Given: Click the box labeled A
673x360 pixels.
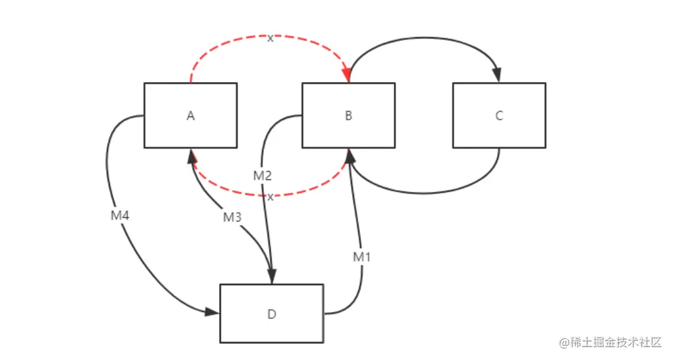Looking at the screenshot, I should coord(190,115).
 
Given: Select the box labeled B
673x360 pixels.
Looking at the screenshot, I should coord(348,115).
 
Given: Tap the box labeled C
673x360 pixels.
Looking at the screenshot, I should coord(499,115).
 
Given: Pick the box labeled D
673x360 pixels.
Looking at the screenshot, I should coord(272,313).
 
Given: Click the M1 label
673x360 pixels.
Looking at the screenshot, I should coord(362,257).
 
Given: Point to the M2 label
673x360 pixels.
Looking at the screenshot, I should coord(263,176).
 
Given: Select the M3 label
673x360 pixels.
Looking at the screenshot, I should coord(232,218).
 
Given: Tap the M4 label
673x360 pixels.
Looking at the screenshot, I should coord(120,216).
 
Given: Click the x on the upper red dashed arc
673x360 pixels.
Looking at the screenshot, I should coord(270,38).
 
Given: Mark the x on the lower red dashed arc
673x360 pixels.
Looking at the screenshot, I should coord(270,197).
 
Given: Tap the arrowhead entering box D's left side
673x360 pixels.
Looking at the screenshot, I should coord(213,313).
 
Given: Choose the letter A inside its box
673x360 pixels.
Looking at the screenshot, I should coord(190,116).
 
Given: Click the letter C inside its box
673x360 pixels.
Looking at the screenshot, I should coord(499,116).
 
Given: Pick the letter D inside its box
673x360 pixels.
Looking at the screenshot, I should coord(272,314).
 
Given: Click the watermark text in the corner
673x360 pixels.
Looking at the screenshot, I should coord(610,343).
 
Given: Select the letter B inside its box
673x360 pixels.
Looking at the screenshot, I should coord(348,116).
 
